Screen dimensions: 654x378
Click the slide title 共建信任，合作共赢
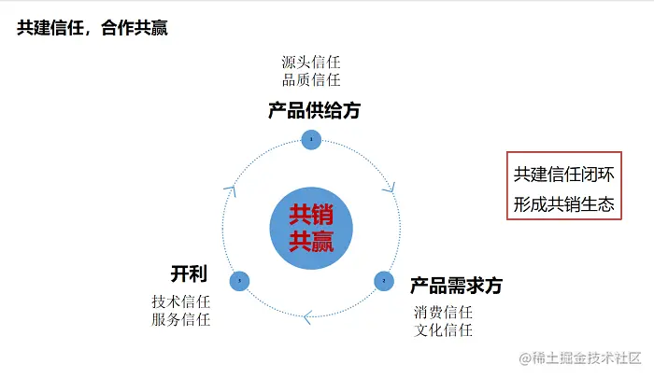pyautogui.click(x=92, y=29)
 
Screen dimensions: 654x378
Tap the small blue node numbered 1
pyautogui.click(x=311, y=139)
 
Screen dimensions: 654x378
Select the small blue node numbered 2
pyautogui.click(x=383, y=279)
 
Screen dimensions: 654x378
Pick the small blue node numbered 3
pyautogui.click(x=239, y=279)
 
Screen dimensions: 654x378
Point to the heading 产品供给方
pyautogui.click(x=314, y=111)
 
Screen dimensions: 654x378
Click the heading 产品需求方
pyautogui.click(x=456, y=286)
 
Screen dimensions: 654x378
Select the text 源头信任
pyautogui.click(x=311, y=63)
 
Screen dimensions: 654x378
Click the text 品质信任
pyautogui.click(x=311, y=80)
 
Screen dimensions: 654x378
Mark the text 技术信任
pyautogui.click(x=181, y=302)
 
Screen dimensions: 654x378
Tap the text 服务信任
pyautogui.click(x=181, y=320)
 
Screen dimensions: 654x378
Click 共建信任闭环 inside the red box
pyautogui.click(x=563, y=175)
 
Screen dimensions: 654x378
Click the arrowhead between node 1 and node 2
pyautogui.click(x=388, y=188)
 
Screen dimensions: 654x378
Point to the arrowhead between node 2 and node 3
pyautogui.click(x=306, y=316)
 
